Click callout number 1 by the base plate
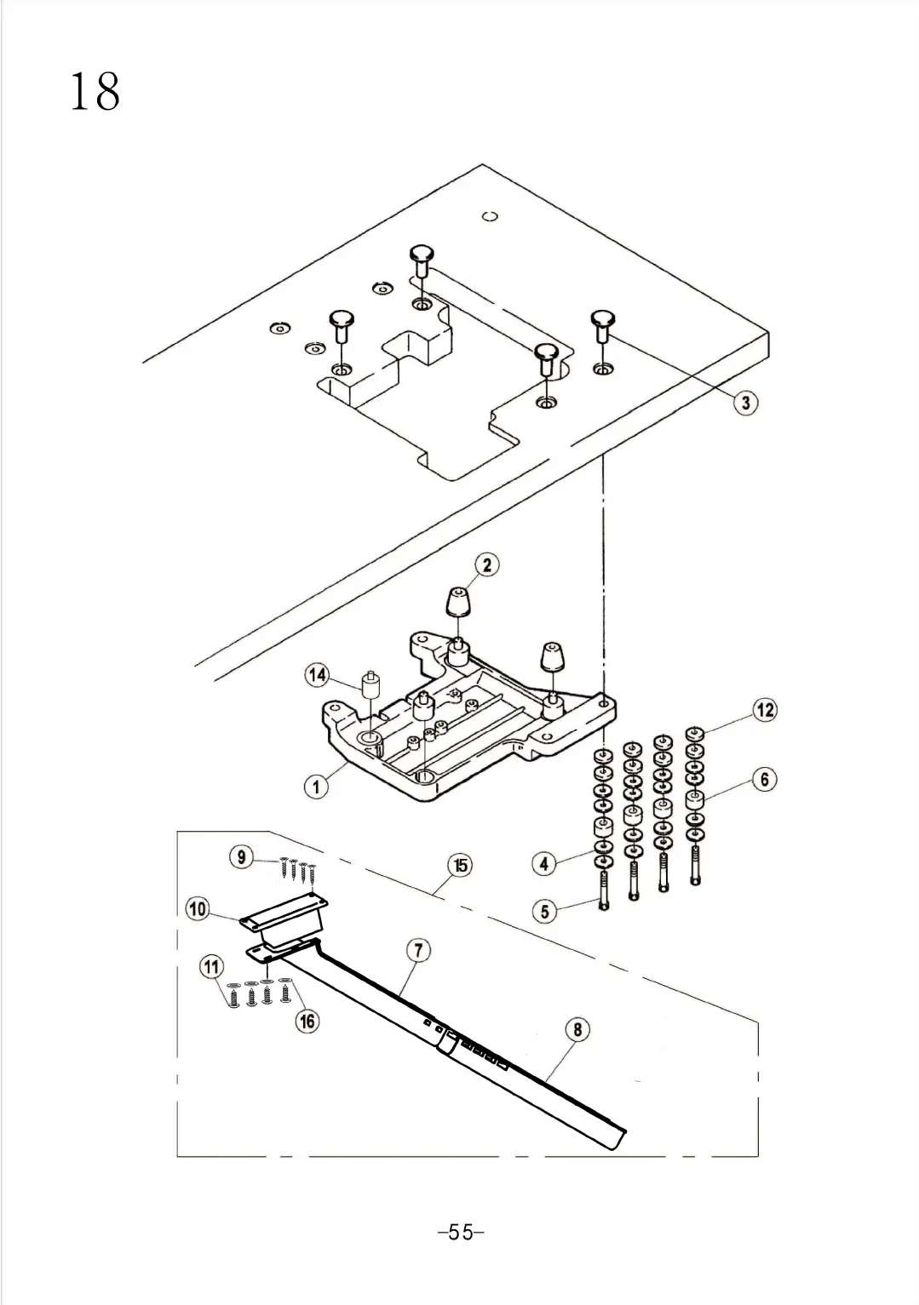[x=316, y=787]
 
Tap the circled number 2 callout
[x=486, y=564]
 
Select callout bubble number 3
[x=745, y=402]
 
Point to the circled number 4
[x=544, y=863]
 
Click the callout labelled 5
[x=545, y=911]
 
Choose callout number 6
[x=764, y=779]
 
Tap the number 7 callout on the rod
[x=418, y=950]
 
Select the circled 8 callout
[x=577, y=1029]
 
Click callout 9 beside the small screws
[x=242, y=857]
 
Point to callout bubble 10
[x=198, y=909]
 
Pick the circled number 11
[x=210, y=967]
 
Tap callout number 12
[x=765, y=709]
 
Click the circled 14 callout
[x=317, y=675]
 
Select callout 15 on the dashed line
[x=460, y=866]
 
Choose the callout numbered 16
[x=307, y=1021]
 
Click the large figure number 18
[x=95, y=92]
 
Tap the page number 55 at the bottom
[x=460, y=1232]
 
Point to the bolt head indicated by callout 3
[x=604, y=318]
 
